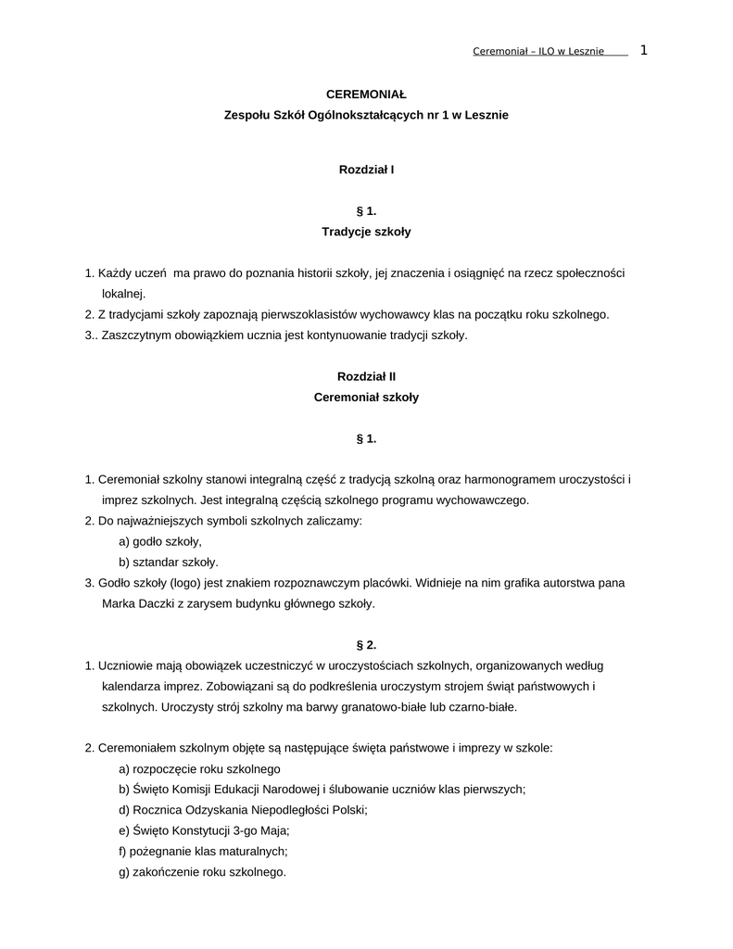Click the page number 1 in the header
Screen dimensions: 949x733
coord(643,50)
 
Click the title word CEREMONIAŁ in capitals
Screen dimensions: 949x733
coord(366,95)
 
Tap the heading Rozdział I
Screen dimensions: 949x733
coord(366,170)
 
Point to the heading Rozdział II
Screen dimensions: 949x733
coord(366,376)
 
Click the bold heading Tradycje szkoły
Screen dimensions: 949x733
coord(366,232)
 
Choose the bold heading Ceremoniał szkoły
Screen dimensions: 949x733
coord(366,397)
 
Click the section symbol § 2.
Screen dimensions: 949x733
coord(366,644)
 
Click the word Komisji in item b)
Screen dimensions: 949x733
coord(190,789)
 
